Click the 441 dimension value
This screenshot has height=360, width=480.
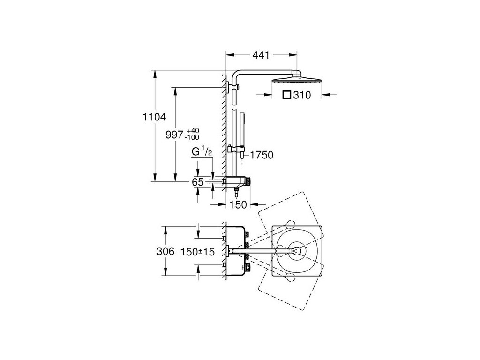click(x=261, y=55)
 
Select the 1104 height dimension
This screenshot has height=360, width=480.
click(x=154, y=117)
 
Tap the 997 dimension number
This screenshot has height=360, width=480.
click(x=174, y=135)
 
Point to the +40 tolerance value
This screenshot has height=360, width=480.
click(x=193, y=131)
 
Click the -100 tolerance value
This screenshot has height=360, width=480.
click(x=192, y=137)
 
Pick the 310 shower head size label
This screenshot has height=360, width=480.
click(x=302, y=95)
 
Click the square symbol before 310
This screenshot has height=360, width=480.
click(x=286, y=95)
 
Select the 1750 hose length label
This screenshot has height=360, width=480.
click(x=262, y=155)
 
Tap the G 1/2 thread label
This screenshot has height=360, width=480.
click(x=202, y=151)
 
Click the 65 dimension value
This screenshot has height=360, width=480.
click(x=198, y=182)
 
